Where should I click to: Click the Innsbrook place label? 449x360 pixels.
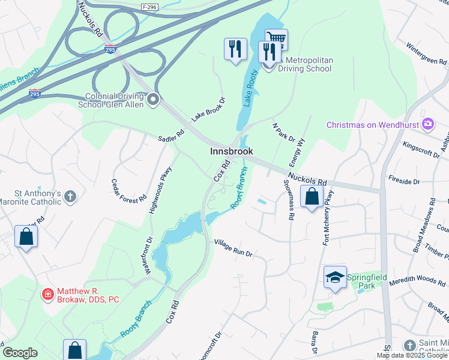tap(231, 152)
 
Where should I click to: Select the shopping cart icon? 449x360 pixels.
tap(276, 40)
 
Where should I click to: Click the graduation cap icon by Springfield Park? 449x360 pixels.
tap(335, 277)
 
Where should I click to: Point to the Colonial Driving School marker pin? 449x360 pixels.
tap(154, 100)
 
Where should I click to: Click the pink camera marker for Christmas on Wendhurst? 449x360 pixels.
tap(428, 125)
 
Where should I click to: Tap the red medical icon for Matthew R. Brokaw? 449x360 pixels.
tap(48, 295)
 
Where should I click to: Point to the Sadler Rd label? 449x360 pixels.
tap(172, 137)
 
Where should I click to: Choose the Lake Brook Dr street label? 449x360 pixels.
tap(208, 109)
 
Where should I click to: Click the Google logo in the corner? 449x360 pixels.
tap(20, 353)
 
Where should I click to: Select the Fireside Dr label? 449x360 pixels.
tap(420, 181)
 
